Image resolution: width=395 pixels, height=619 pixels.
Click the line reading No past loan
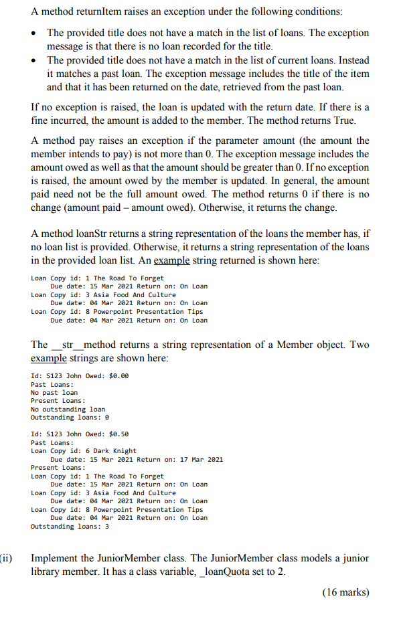click(x=54, y=392)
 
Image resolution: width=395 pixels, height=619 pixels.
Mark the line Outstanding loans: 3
click(x=70, y=527)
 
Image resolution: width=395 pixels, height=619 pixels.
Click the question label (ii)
click(x=7, y=558)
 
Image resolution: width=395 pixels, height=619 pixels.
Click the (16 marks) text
click(x=345, y=592)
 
